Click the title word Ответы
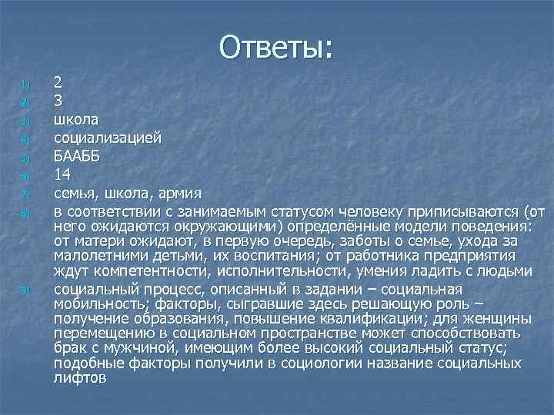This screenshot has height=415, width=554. tap(276, 47)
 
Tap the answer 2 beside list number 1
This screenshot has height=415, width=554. tap(58, 82)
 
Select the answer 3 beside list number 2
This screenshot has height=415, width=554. tap(58, 100)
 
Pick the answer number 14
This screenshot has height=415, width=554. tap(63, 174)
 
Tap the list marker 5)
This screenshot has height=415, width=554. tap(25, 158)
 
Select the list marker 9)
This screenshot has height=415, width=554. tap(25, 290)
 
